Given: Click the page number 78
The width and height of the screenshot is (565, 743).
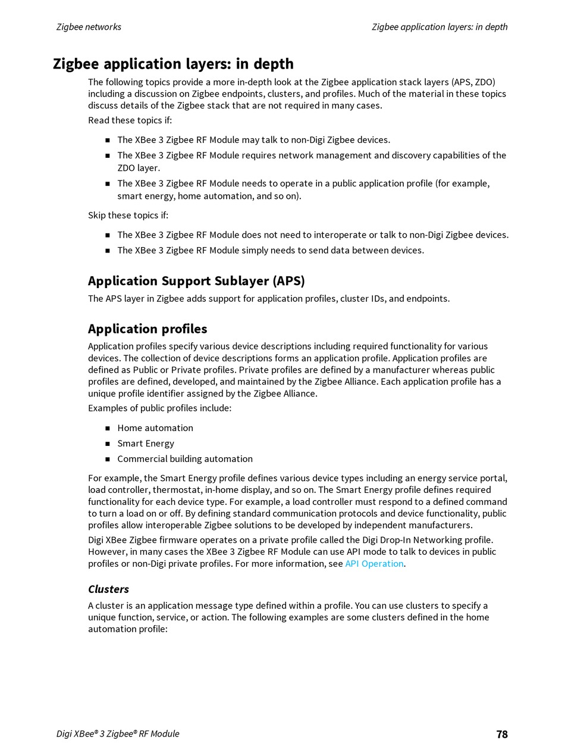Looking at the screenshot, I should coord(502,734).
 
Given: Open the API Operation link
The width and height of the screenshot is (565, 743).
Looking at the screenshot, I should coord(374,563).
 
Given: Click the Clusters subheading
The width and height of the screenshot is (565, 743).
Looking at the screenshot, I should coord(108,589).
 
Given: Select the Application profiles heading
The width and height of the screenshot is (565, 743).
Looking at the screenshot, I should coord(147,329).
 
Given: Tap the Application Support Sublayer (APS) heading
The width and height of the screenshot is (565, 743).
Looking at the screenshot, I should coord(196,281).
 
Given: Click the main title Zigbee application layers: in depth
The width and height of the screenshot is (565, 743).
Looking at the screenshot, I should coord(173,64).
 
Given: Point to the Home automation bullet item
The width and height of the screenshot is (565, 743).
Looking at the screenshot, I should coord(155,428).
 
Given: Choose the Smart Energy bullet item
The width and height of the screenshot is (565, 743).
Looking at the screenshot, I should coord(146,444).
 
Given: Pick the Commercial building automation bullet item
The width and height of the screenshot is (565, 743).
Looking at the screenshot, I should coord(185,459).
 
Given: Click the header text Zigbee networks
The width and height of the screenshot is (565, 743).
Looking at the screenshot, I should coord(89,27).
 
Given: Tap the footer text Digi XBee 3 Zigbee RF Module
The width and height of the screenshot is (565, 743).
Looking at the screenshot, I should coord(118,733).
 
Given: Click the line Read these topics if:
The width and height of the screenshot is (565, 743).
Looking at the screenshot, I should coord(130,120).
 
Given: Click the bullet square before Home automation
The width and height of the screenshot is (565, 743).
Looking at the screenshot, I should coord(108,428).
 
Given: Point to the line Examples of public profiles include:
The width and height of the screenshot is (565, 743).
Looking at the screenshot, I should coord(159,408).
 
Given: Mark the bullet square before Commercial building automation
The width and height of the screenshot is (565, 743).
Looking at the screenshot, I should coord(108,459).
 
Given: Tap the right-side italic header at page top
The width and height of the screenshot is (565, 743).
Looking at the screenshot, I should coord(440,27).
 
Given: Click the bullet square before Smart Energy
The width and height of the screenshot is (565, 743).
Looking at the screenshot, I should coord(108,444).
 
